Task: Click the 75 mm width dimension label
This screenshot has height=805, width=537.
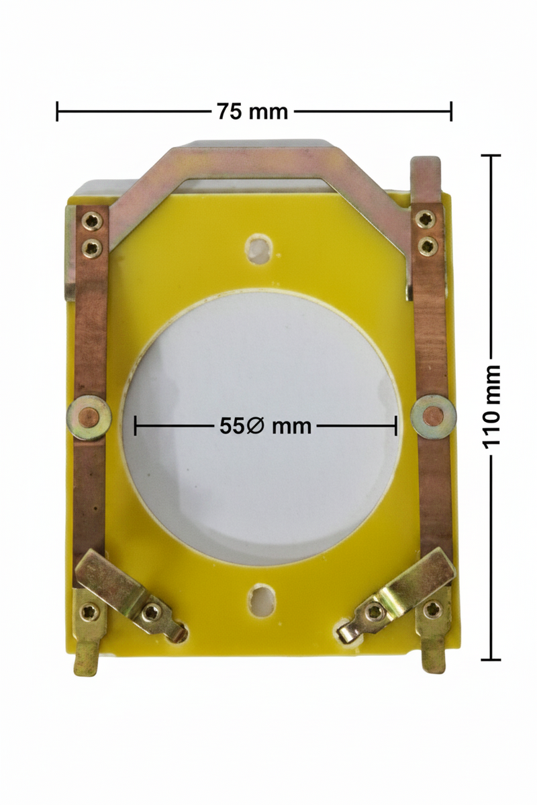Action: (252, 112)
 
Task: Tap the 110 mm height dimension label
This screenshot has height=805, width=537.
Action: (491, 407)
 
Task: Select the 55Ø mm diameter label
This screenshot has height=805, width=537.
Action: (265, 426)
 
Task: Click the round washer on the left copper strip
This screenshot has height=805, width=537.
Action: (89, 418)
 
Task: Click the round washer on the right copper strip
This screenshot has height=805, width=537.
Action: (434, 417)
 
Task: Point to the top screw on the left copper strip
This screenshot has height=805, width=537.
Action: (92, 222)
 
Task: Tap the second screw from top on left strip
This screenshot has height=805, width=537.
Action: (91, 248)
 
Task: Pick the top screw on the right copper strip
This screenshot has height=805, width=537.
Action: (425, 219)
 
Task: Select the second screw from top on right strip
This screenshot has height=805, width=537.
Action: (428, 246)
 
